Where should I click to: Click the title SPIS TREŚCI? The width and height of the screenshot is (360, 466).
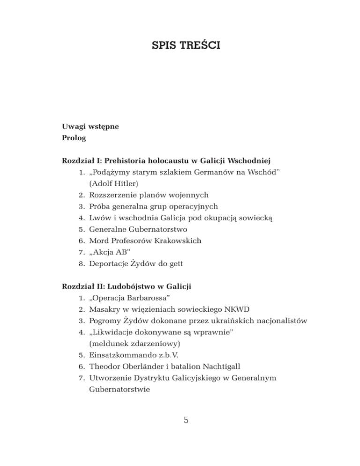pyautogui.click(x=180, y=47)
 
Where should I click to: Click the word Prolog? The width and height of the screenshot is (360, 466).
pyautogui.click(x=74, y=139)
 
